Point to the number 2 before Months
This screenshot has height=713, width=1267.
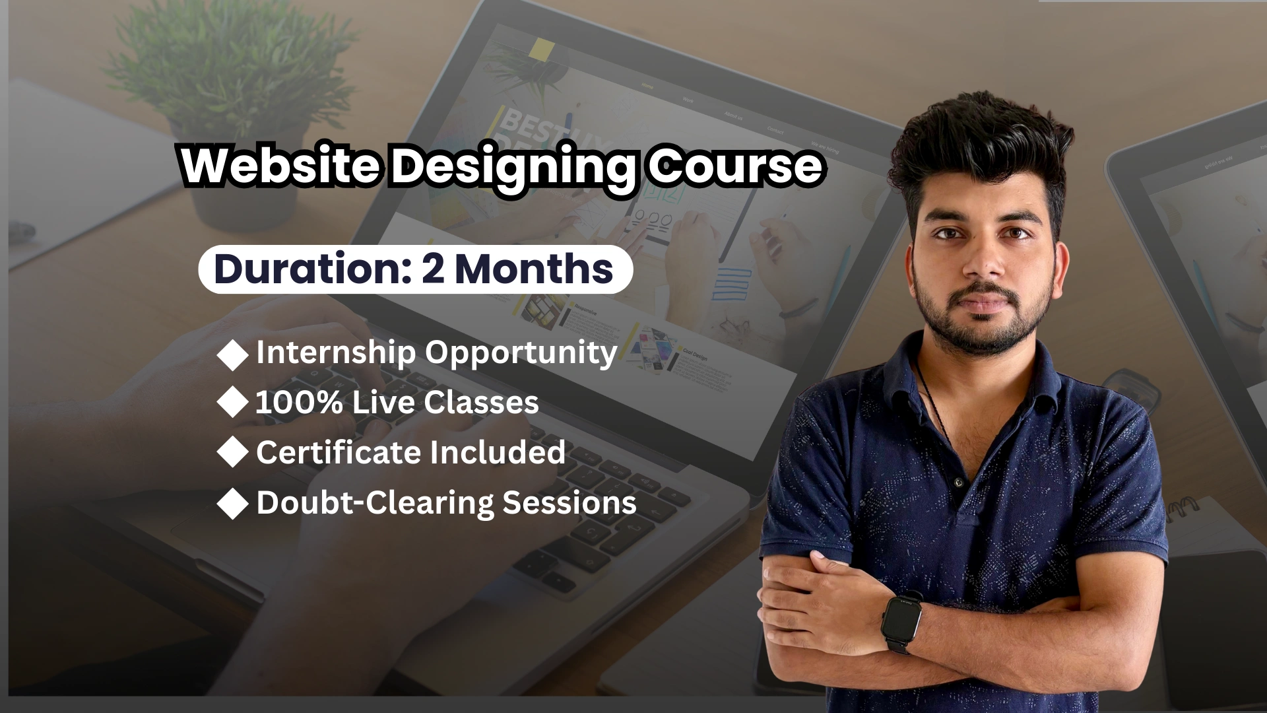433,269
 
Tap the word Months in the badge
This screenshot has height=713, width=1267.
534,269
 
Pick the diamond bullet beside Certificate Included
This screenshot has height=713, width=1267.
232,453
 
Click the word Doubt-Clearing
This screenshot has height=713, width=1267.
375,502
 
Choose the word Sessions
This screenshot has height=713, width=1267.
569,502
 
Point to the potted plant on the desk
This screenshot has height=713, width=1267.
228,106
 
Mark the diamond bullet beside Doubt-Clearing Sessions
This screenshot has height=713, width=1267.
232,504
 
